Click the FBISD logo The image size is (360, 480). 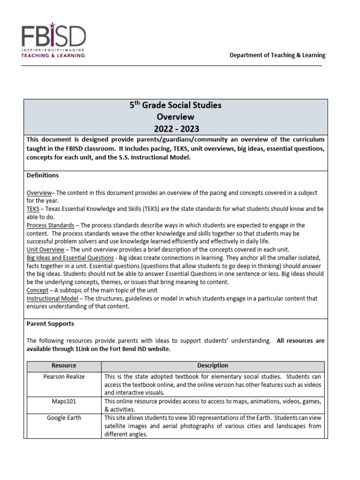coord(53,37)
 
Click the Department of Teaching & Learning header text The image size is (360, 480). coord(277,55)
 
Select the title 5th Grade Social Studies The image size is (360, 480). coord(175,106)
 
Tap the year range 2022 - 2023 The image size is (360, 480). coord(175,128)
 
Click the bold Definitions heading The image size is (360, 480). coord(43,175)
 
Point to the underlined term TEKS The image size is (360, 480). coord(33,209)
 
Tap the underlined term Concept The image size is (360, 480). coord(37,290)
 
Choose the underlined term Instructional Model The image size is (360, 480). coord(52,299)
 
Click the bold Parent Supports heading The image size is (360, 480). coord(50,324)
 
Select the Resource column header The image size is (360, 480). coord(64,366)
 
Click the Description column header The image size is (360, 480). coord(213,366)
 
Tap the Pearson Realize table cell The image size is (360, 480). coord(64,376)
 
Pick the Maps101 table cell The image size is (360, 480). coord(64,401)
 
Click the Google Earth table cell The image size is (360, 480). coord(64,418)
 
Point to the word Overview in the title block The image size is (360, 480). coord(175,117)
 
